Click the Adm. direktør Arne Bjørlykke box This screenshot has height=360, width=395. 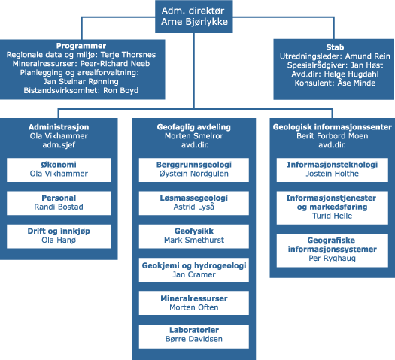(x=193, y=17)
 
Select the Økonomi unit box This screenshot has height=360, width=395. (x=59, y=170)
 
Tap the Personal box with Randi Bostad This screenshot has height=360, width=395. (x=59, y=203)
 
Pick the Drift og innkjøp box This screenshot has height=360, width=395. (x=59, y=237)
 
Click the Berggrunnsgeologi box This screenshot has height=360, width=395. (x=194, y=170)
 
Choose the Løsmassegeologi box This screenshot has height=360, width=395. (x=194, y=203)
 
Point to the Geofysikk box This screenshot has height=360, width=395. (x=194, y=237)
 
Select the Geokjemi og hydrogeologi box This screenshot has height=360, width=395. (x=194, y=270)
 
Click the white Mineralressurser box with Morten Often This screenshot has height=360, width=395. (x=194, y=303)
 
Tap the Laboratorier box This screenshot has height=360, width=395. (x=194, y=337)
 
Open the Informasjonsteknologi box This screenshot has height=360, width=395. (x=333, y=170)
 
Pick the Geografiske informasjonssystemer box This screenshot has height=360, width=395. (x=333, y=250)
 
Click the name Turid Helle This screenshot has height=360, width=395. (x=333, y=216)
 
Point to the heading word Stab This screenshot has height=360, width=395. (x=335, y=47)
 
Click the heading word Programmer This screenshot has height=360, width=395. (x=81, y=46)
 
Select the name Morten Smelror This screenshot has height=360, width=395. (x=194, y=136)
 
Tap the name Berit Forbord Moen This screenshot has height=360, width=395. (x=333, y=136)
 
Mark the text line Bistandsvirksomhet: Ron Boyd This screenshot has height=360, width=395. (x=81, y=91)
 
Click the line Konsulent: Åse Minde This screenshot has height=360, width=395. (x=335, y=83)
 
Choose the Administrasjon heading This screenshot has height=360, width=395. (x=59, y=127)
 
